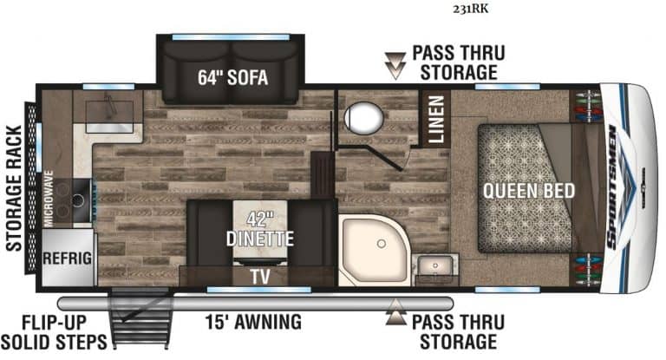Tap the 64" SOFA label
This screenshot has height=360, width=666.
click(230, 77)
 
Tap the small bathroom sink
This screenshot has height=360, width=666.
click(428, 265)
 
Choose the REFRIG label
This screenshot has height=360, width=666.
click(65, 259)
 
